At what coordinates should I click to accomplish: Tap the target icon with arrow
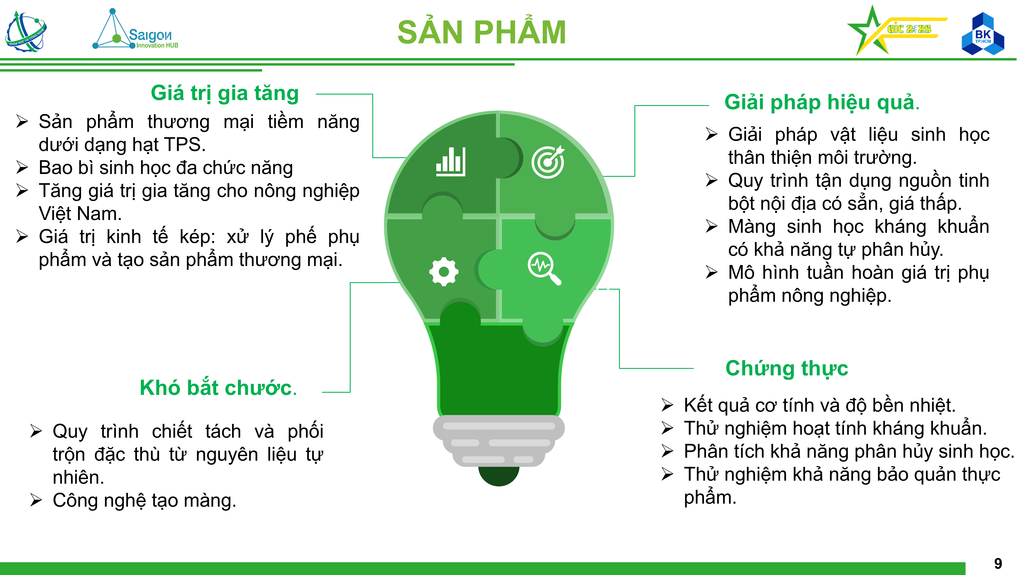click(x=548, y=162)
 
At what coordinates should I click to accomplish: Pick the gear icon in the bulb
click(x=444, y=271)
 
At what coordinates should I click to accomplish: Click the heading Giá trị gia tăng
click(x=225, y=94)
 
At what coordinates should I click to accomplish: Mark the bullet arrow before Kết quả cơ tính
click(x=667, y=405)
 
